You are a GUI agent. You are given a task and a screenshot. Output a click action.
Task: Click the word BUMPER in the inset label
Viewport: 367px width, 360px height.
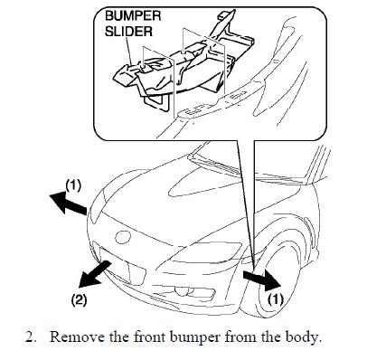133,15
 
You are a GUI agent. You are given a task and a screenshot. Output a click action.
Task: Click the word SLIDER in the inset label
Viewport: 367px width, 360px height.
128,31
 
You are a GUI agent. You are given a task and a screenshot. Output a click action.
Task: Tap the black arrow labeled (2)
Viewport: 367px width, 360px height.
95,274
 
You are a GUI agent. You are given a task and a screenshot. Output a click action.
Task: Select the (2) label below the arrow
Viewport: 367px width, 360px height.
79,300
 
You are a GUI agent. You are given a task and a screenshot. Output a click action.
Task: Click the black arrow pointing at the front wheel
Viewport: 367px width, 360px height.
261,279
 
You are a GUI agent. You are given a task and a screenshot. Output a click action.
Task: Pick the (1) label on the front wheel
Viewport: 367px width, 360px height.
276,299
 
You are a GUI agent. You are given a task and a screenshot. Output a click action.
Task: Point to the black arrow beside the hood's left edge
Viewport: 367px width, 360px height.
68,204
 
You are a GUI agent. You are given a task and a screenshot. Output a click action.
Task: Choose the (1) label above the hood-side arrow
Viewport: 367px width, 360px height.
73,185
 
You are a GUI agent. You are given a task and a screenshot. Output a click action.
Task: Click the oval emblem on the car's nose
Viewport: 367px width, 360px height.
123,236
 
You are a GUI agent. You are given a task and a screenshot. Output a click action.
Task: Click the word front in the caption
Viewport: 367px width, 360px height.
150,337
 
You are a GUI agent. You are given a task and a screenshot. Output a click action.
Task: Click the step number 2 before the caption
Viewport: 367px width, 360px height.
29,337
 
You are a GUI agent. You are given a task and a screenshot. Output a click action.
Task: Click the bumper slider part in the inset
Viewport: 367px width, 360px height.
181,63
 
